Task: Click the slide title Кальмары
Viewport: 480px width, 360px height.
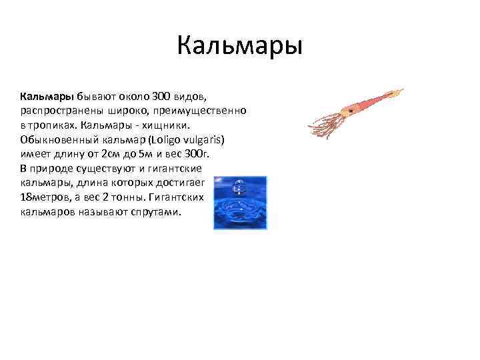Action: pos(240,47)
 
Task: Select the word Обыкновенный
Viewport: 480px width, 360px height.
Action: pos(58,140)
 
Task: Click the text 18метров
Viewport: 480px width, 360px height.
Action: pos(43,199)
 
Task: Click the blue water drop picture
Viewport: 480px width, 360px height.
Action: pos(240,203)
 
